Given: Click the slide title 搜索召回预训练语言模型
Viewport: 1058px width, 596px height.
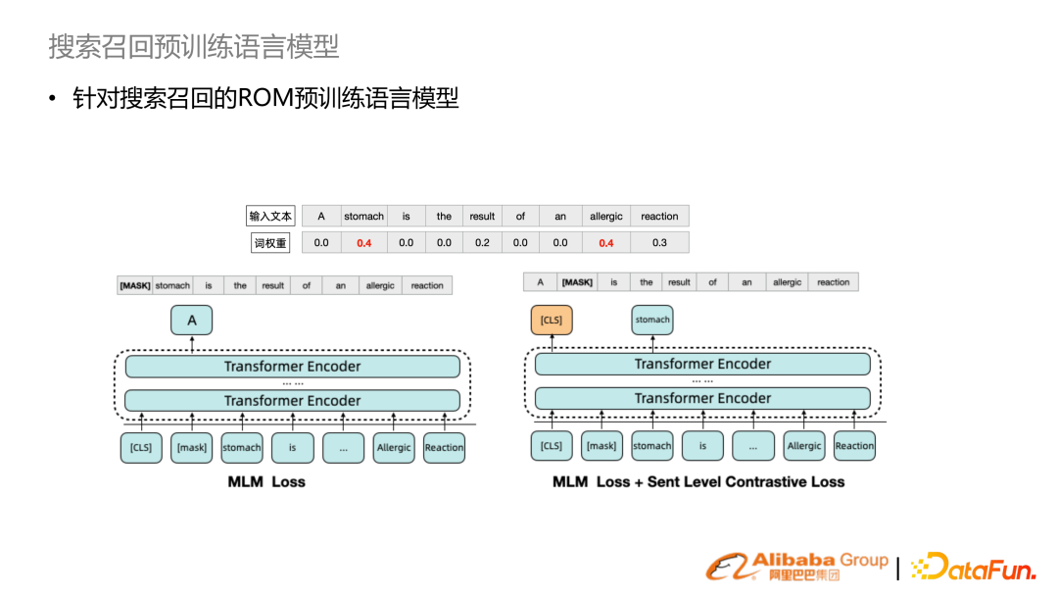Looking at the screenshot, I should tap(193, 45).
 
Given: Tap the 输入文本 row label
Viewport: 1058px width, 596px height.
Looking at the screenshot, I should tap(270, 217).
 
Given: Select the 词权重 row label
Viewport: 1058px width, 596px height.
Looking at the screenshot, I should tap(270, 243).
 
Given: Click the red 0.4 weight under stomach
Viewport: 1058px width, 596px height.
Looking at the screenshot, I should tap(363, 243).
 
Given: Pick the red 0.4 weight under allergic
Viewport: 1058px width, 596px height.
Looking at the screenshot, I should tap(605, 243).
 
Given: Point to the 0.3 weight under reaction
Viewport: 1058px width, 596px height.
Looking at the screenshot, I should tap(659, 243).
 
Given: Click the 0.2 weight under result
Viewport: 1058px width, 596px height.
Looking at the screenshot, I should tap(482, 243).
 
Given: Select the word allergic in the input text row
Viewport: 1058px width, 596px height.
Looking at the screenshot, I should tap(605, 217).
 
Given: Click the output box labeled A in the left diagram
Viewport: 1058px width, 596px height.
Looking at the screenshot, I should tap(192, 321).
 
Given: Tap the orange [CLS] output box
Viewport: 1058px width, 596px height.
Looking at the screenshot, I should tap(552, 321).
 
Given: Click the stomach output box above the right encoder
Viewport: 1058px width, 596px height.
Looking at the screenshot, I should tap(652, 321).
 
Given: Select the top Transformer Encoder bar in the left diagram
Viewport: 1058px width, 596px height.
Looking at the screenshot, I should tap(292, 367).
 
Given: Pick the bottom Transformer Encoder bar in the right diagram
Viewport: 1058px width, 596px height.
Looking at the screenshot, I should tap(702, 398).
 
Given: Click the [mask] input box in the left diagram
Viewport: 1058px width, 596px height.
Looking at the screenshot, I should tap(192, 448).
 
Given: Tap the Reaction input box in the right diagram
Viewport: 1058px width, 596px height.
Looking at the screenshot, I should tap(854, 446).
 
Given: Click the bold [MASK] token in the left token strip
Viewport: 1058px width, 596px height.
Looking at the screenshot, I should tap(134, 286).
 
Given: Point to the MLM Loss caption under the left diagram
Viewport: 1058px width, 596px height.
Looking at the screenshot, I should tap(266, 482).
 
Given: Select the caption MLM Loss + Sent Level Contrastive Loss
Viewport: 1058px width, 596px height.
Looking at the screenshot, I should tap(698, 482).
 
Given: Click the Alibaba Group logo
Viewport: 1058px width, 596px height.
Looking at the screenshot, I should tap(797, 566).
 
